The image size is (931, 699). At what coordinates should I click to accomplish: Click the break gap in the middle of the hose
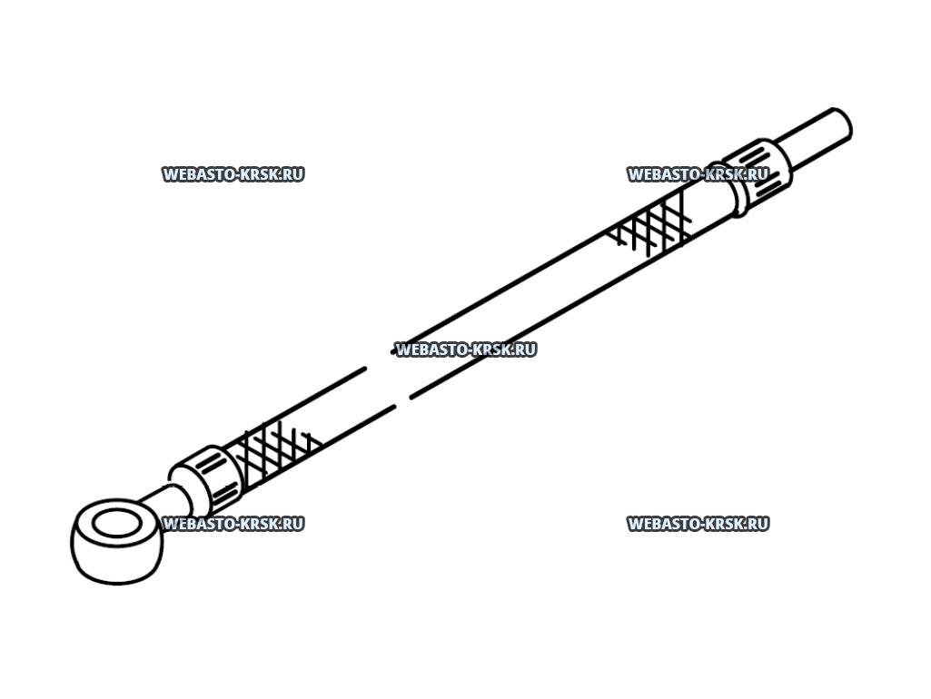[386, 386]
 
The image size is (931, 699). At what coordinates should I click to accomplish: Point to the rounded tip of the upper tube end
[844, 123]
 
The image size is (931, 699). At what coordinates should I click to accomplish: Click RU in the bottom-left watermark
[292, 524]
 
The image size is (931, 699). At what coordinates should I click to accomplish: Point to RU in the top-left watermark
[292, 174]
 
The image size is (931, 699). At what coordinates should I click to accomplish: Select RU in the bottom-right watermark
[757, 524]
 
